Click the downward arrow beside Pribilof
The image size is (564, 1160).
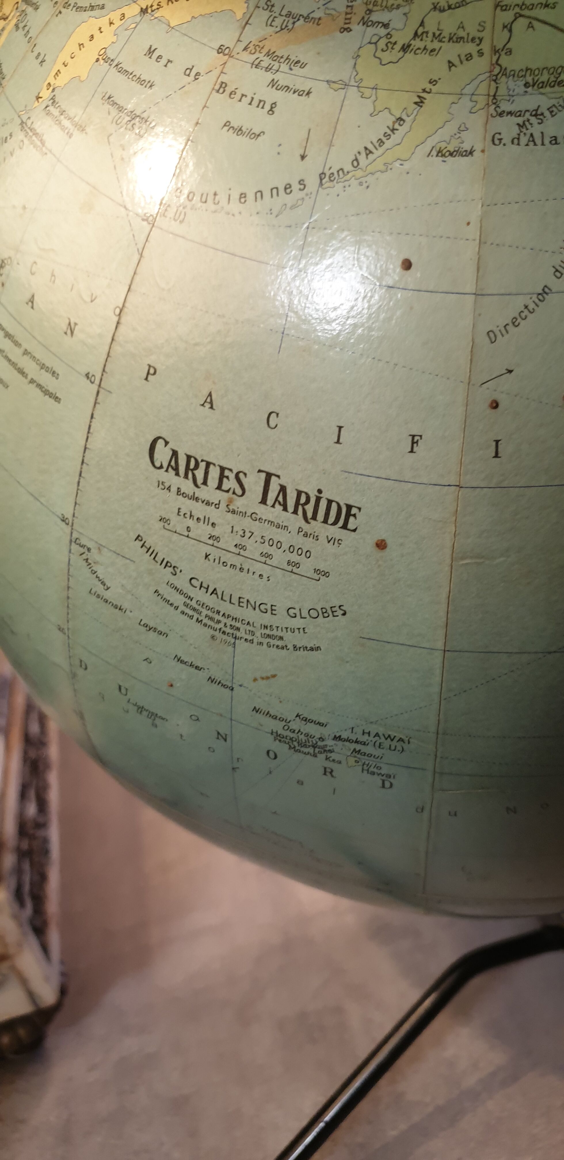point(304,144)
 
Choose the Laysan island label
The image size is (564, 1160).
point(153,628)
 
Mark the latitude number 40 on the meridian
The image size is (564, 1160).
point(90,377)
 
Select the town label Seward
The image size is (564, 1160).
point(514,111)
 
